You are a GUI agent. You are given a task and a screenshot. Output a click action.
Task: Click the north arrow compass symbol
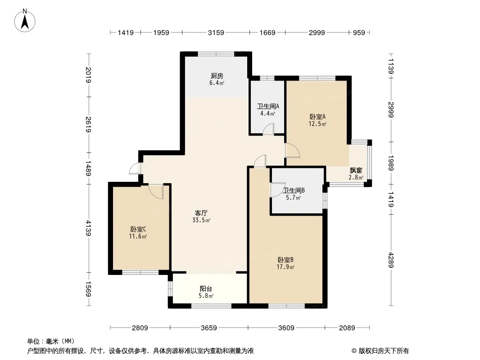click(25, 21)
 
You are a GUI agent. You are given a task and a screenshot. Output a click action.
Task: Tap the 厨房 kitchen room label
click(217, 76)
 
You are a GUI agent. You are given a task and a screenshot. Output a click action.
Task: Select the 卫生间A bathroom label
click(268, 107)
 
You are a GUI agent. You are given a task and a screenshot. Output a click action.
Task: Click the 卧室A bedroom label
click(317, 117)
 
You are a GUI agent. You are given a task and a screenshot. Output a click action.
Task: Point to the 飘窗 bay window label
click(356, 171)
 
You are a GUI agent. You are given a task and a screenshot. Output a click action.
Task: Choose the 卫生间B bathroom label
click(294, 190)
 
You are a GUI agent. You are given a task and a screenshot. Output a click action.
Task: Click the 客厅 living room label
click(201, 213)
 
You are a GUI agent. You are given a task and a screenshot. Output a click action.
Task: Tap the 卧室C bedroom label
click(138, 229)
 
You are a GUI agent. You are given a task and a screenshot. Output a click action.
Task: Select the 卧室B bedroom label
click(285, 260)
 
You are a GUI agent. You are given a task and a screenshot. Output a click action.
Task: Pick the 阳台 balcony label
click(206, 289)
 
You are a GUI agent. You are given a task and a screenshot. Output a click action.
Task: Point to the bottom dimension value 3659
click(209, 328)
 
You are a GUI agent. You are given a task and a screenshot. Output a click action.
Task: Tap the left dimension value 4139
click(88, 228)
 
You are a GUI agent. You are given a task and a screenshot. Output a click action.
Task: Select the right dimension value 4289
click(391, 260)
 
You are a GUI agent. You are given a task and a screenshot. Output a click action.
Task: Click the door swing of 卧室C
click(156, 191)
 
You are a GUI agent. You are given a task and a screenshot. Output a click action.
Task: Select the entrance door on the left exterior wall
click(135, 169)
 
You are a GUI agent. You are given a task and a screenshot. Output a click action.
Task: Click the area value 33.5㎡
click(201, 220)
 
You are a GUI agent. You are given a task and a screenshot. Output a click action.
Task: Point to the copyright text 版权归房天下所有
click(384, 351)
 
